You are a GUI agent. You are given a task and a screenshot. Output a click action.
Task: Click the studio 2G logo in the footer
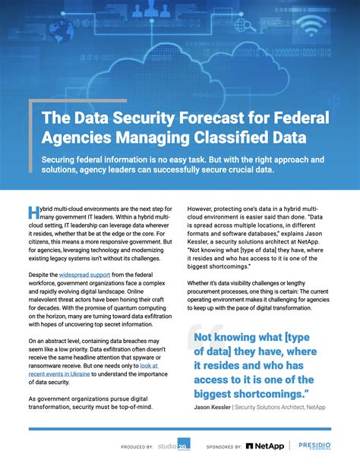(174, 446)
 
